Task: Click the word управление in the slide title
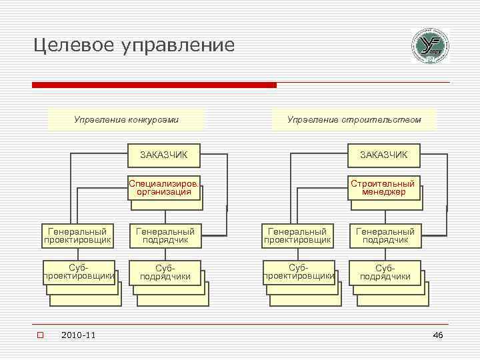179,45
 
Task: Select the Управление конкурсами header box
126,120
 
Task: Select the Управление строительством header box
354,120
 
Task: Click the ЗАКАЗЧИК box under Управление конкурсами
163,155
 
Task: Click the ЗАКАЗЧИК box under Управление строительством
384,155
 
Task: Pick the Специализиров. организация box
164,187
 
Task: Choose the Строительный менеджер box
385,187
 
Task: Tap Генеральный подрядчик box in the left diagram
165,235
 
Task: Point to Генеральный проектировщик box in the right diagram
298,235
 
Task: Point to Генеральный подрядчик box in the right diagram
385,235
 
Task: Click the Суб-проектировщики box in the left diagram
79,271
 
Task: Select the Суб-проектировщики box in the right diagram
299,271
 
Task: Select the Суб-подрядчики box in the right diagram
385,272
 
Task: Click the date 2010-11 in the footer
78,335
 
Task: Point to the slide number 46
437,335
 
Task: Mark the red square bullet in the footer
40,335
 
